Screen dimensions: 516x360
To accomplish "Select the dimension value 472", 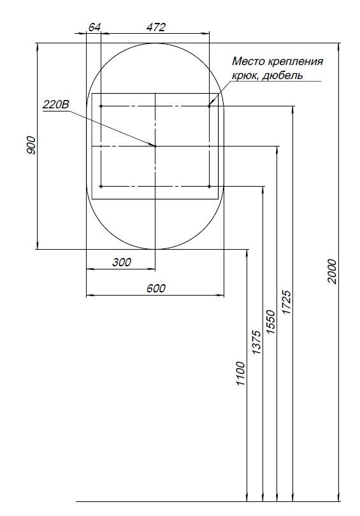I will pos(155,27).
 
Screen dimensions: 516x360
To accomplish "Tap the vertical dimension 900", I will pos(31,145).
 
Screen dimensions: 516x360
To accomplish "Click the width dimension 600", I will pos(155,288).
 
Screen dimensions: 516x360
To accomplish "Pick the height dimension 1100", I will pos(240,375).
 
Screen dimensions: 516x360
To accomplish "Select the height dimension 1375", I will pos(256,343).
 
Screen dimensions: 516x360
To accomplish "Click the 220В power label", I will pos(55,106).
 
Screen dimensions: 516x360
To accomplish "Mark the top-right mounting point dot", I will pos(209,106).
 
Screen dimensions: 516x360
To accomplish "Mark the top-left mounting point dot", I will pos(101,106).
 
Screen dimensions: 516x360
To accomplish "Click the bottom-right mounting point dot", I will pos(209,186).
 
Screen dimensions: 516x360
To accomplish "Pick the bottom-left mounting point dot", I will pos(101,186).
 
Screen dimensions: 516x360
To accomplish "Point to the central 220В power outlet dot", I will pos(155,146).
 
